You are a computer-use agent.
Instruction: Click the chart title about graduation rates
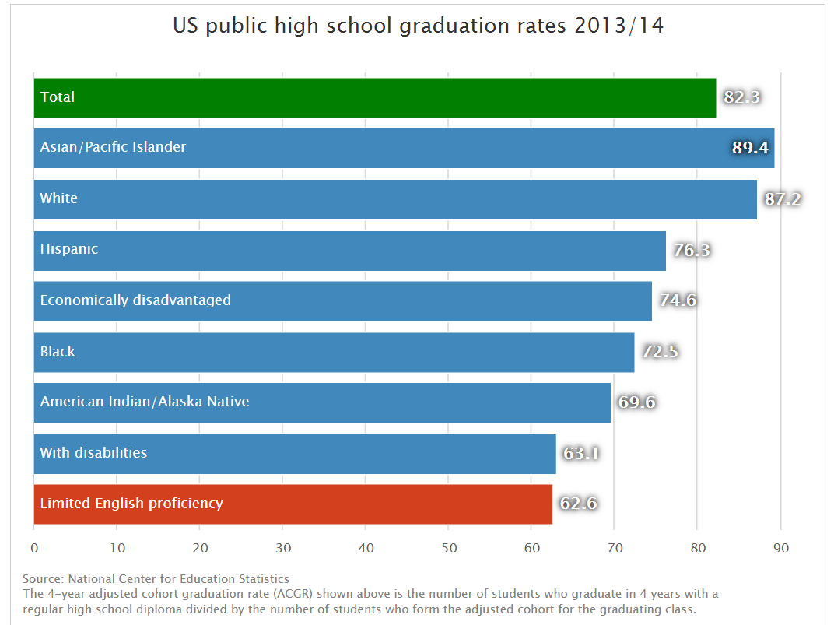(418, 26)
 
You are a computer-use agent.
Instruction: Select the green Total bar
(373, 97)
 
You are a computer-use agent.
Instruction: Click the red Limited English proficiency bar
(293, 504)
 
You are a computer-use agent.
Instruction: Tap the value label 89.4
(750, 148)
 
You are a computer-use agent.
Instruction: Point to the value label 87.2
(782, 198)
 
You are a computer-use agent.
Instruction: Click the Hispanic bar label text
(69, 249)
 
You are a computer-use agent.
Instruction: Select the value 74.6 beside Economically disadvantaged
(678, 300)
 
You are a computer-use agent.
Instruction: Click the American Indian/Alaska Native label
(145, 402)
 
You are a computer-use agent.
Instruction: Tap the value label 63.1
(581, 453)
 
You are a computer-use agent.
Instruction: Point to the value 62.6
(578, 504)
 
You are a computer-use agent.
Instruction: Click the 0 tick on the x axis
(34, 548)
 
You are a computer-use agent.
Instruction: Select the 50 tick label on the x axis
(448, 548)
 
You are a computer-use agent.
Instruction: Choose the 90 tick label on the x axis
(780, 548)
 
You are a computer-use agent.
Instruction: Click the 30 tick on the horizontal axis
(282, 548)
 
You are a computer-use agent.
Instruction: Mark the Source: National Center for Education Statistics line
(156, 579)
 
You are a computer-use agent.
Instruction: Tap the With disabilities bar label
(93, 452)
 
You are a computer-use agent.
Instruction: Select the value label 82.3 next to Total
(741, 97)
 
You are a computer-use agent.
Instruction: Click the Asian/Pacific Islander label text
(113, 147)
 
